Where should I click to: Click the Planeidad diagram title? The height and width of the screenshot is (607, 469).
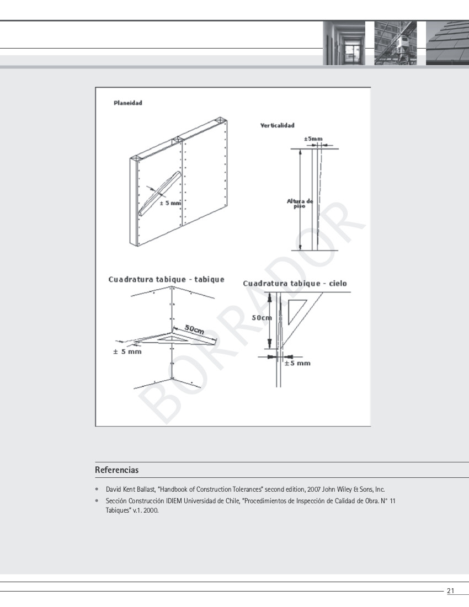[x=128, y=103]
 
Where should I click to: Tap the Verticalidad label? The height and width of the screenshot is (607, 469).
[x=277, y=126]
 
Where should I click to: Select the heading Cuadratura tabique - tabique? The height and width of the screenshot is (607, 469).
[x=166, y=279]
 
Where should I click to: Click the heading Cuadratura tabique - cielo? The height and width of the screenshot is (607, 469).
[x=295, y=283]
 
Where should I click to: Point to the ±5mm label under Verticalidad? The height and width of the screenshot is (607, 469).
[x=313, y=139]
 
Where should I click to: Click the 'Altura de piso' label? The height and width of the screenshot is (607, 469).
[x=300, y=203]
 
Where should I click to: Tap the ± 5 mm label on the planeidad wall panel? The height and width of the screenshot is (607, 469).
[x=170, y=203]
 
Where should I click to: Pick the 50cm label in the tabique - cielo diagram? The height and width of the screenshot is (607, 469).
[x=262, y=318]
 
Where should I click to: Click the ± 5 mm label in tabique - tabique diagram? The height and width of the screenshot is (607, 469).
[x=127, y=352]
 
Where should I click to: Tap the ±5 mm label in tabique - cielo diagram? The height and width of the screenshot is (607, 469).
[x=297, y=363]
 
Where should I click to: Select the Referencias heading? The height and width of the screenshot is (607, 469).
[x=116, y=470]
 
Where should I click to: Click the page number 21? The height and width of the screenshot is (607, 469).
[x=450, y=591]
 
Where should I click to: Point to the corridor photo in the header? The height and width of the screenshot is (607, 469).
[x=344, y=43]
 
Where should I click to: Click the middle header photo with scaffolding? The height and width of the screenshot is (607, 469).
[x=395, y=43]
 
